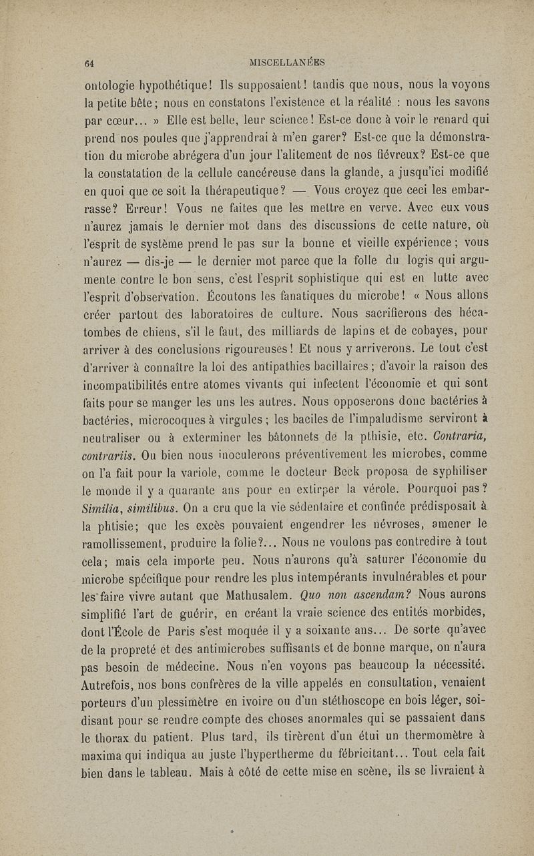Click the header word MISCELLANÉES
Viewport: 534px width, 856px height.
click(x=286, y=63)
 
